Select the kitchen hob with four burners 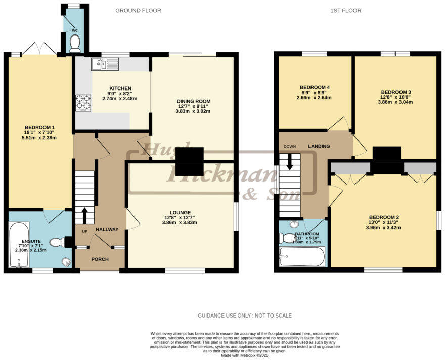tap(83, 103)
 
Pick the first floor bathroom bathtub tap(301, 257)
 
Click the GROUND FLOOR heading tap(138, 10)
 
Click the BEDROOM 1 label tap(39, 127)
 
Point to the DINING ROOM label tap(193, 102)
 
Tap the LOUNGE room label tap(180, 212)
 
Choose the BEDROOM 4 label tap(314, 86)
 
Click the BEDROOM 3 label tap(395, 92)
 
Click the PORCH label tap(100, 259)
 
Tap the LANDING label tap(319, 146)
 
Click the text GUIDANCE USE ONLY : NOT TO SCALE tap(244, 316)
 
